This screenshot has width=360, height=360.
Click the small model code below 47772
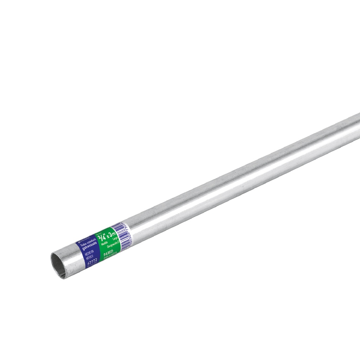94,265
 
